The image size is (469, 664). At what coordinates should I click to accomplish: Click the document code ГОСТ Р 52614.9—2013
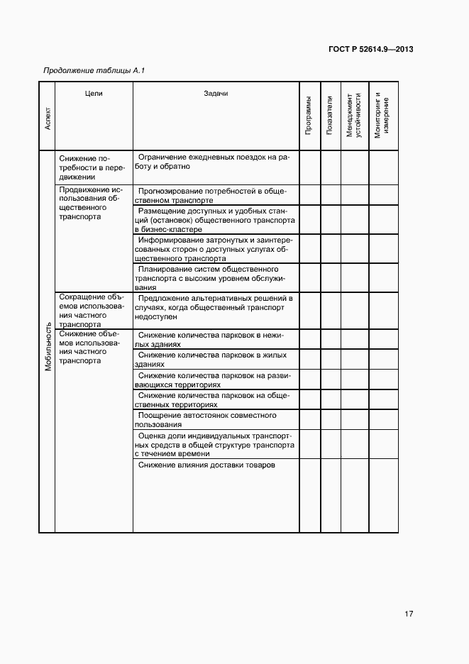(x=371, y=50)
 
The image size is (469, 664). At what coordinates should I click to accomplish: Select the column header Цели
(x=94, y=94)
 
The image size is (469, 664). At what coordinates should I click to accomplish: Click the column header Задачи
(x=216, y=94)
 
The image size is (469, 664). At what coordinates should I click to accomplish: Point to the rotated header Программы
(x=309, y=116)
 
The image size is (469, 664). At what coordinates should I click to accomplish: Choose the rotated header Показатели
(x=330, y=116)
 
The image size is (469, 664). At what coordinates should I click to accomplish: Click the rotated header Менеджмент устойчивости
(x=354, y=114)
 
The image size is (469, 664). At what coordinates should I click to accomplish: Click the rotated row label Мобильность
(x=48, y=348)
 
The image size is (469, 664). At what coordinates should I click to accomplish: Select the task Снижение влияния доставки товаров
(x=206, y=465)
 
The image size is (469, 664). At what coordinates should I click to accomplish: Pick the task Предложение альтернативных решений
(x=214, y=307)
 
